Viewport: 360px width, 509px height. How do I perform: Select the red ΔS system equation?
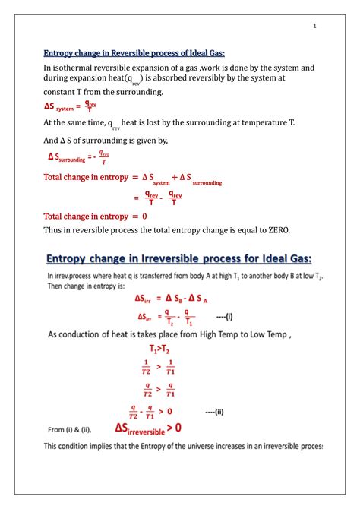coord(71,108)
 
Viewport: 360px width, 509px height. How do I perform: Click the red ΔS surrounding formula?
coord(79,157)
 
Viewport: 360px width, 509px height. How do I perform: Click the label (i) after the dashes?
coord(225,318)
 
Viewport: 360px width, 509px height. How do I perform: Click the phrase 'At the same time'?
coord(74,122)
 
